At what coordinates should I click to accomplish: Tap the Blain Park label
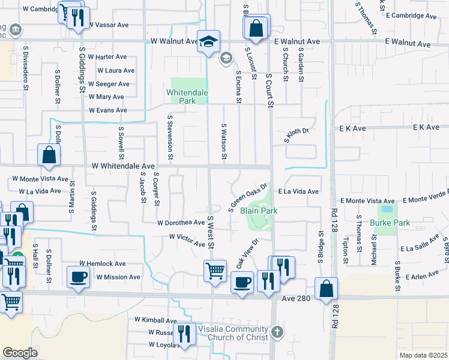tap(259, 211)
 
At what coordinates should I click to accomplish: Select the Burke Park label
tap(390, 223)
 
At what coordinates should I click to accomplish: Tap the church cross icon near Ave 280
tap(277, 331)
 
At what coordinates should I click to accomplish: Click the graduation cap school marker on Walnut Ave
tap(208, 41)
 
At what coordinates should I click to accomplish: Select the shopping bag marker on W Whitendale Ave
tap(49, 155)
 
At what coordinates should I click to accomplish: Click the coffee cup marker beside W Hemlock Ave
tap(78, 278)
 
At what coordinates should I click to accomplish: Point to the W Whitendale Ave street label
tap(124, 166)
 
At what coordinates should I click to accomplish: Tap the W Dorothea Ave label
tap(181, 223)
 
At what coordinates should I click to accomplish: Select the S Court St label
tap(270, 91)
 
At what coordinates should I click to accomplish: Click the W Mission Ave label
tap(118, 277)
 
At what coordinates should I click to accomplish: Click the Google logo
tap(20, 353)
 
